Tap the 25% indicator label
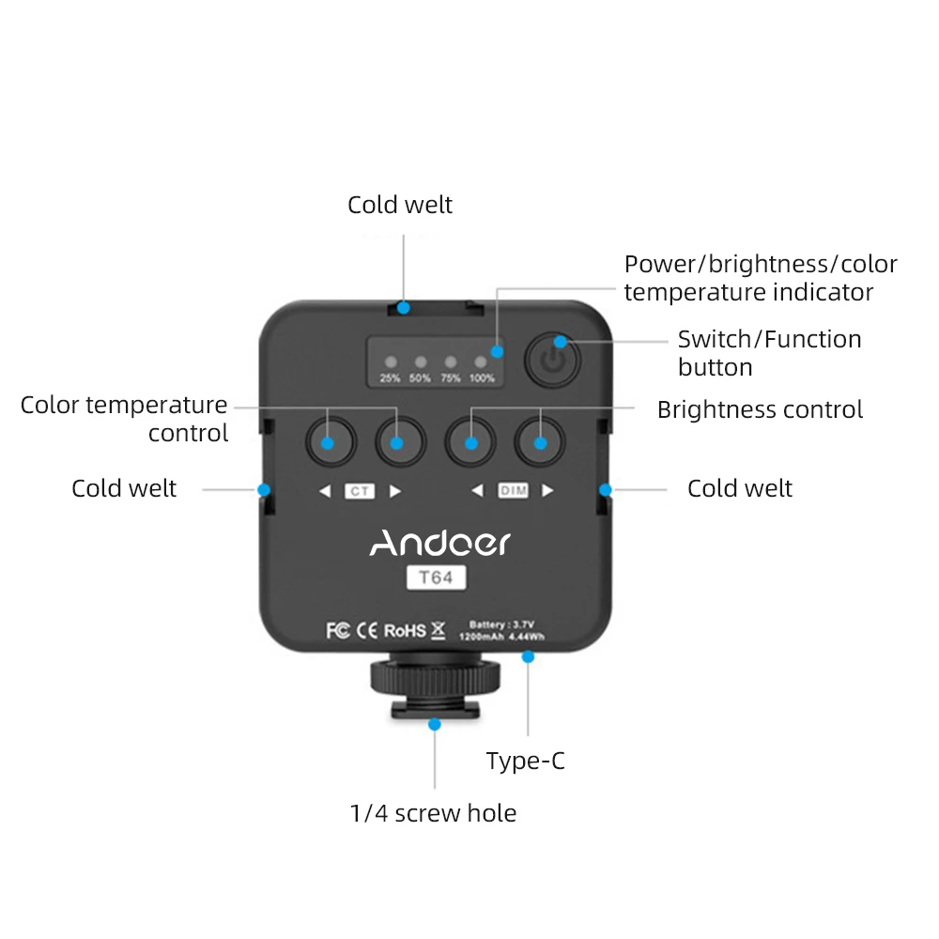tap(390, 378)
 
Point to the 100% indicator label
tap(482, 378)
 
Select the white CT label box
tap(358, 490)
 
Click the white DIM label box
tap(513, 490)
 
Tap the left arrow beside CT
tap(325, 490)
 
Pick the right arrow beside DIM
tap(547, 490)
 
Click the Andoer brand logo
tap(439, 543)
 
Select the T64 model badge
tap(436, 578)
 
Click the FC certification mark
tap(337, 630)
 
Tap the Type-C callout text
tap(526, 761)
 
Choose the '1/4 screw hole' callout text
tap(433, 812)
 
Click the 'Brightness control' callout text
tap(760, 409)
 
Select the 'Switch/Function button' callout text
tap(769, 352)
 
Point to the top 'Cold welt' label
tap(400, 205)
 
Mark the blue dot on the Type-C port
tap(529, 658)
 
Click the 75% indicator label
tap(451, 378)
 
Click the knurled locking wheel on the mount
tap(435, 675)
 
